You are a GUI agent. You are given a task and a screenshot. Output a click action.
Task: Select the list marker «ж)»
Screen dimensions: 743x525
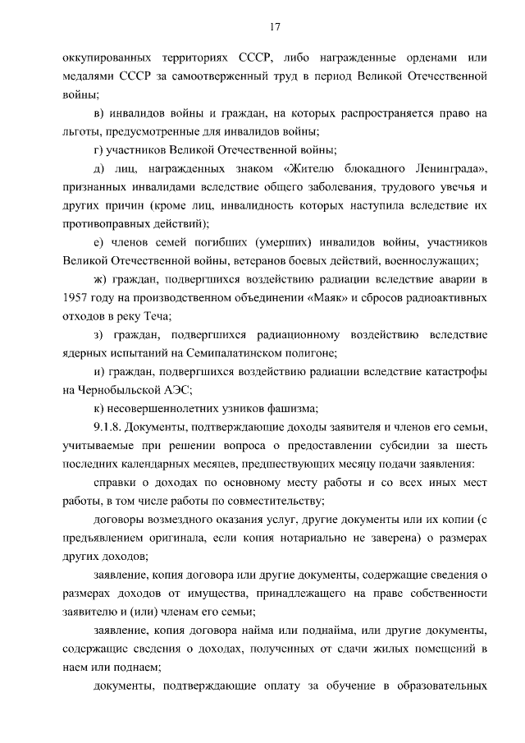(102, 279)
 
